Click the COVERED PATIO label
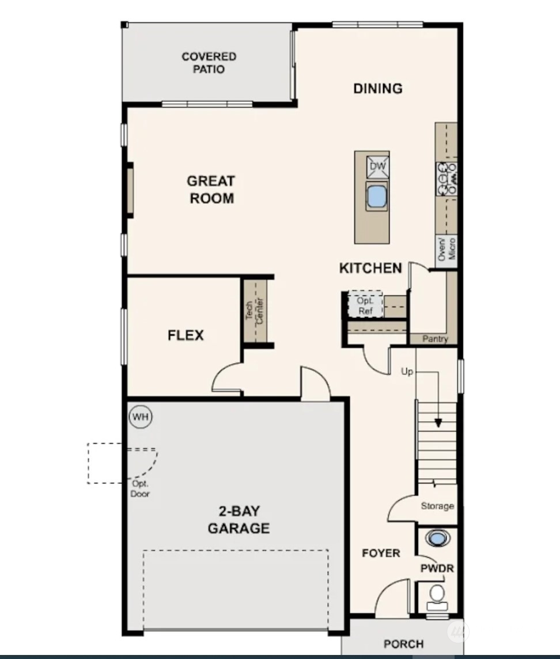[x=209, y=63]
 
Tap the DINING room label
[x=377, y=88]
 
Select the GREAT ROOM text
[x=210, y=190]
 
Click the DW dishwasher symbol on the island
[x=378, y=167]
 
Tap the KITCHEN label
[x=370, y=268]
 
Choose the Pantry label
[x=435, y=339]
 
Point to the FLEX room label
[x=186, y=335]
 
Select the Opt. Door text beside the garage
[x=140, y=489]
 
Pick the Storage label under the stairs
[x=437, y=506]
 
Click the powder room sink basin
[x=438, y=539]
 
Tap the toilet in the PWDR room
[x=437, y=594]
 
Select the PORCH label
[x=403, y=643]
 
